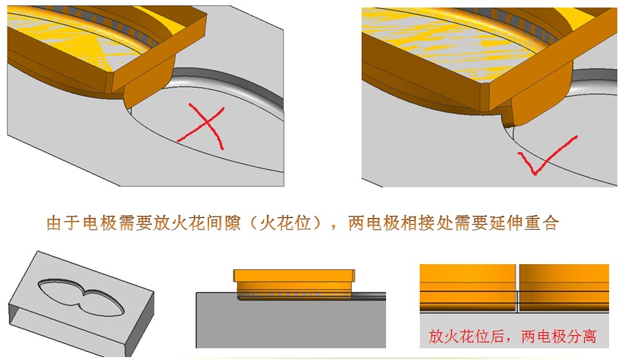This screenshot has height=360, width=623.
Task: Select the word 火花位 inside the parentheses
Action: click(x=285, y=222)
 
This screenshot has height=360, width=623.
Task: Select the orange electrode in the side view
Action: click(x=294, y=285)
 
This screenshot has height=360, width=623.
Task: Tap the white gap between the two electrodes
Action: click(x=517, y=288)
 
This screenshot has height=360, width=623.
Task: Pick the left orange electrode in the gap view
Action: click(x=468, y=288)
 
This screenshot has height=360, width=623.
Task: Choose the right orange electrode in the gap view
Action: click(x=565, y=288)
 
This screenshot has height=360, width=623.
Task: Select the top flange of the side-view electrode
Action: click(x=294, y=276)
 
